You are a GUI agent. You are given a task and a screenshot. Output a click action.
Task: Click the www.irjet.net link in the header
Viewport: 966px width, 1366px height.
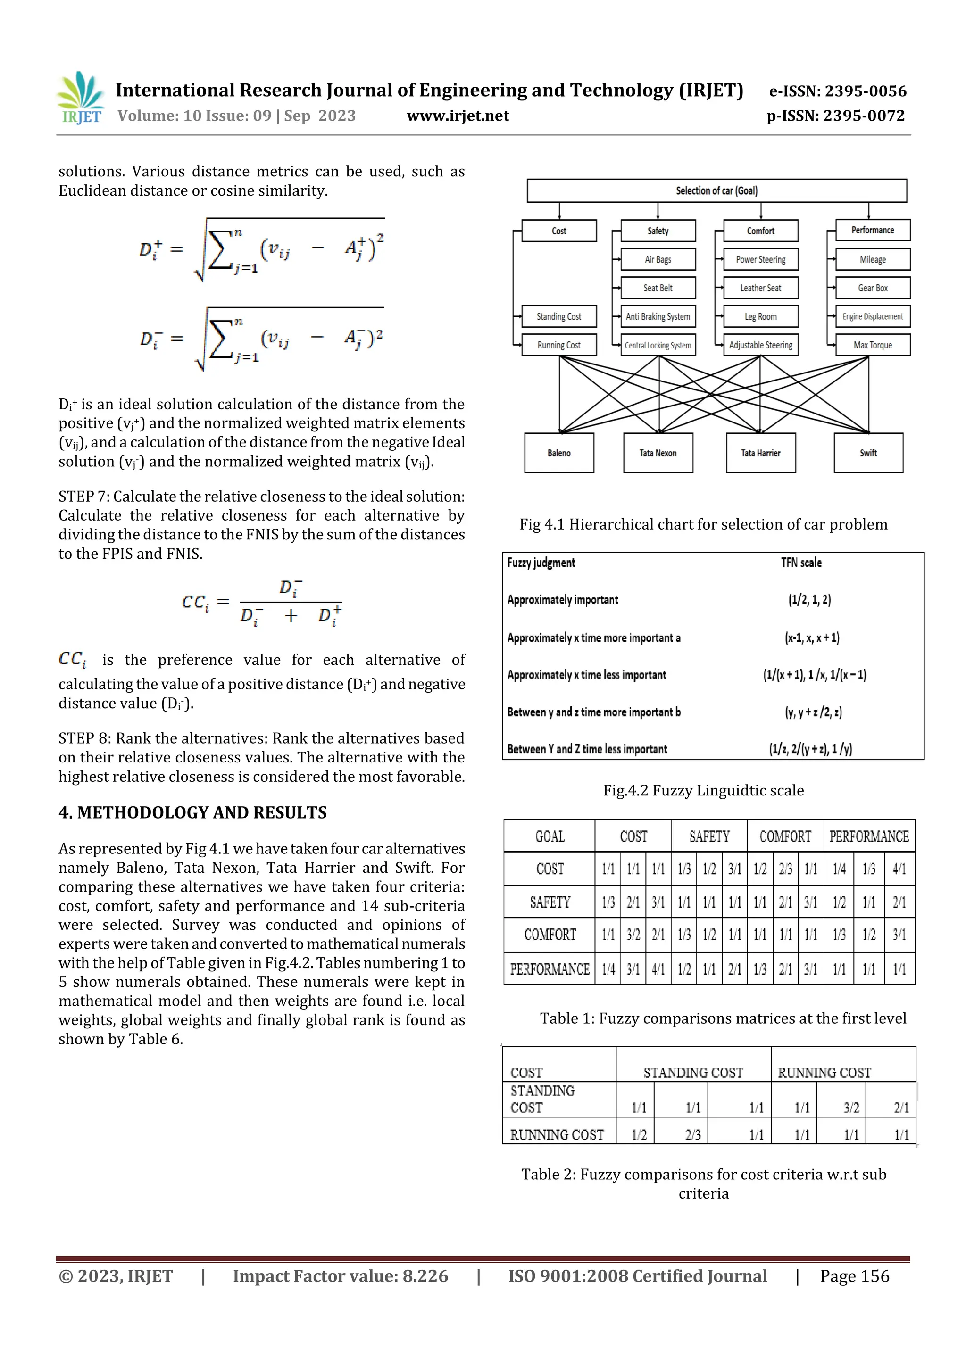[x=458, y=116]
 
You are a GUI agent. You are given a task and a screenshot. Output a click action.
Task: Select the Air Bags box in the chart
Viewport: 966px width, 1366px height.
[x=658, y=259]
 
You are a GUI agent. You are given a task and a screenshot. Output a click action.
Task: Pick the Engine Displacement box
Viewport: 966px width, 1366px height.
[x=872, y=316]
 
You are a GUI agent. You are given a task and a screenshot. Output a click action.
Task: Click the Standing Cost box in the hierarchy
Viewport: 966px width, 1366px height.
[x=558, y=316]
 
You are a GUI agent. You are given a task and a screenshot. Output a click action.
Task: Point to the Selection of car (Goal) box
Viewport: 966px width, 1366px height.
[x=716, y=191]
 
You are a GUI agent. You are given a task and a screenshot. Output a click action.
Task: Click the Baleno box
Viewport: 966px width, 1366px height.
[x=559, y=453]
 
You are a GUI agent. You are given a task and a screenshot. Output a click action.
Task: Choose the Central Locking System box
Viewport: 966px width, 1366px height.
[x=658, y=345]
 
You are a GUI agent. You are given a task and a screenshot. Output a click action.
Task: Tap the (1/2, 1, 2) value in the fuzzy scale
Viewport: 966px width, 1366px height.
[x=809, y=600]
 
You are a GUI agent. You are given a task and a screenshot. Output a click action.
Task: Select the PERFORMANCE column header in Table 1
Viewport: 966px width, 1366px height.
[x=868, y=836]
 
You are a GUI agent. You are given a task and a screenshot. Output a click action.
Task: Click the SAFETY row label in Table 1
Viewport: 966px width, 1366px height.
[x=550, y=902]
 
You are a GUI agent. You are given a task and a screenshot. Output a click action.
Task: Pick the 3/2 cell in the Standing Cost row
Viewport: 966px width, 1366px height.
[x=851, y=1108]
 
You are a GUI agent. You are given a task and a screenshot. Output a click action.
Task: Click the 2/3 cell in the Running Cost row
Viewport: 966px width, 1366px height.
[x=692, y=1135]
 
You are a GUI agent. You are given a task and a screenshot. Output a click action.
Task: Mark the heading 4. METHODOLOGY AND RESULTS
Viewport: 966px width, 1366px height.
[x=192, y=813]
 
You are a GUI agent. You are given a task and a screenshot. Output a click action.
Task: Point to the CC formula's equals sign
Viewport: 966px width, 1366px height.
[x=223, y=602]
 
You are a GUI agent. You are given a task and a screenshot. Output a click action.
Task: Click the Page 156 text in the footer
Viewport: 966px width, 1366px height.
[x=854, y=1276]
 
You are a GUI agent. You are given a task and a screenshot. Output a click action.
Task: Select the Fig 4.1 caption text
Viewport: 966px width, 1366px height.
[x=703, y=524]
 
